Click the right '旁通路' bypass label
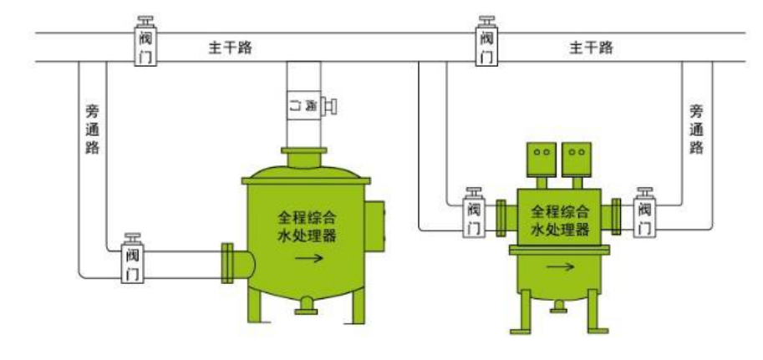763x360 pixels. (x=696, y=129)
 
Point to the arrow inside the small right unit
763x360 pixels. (x=561, y=267)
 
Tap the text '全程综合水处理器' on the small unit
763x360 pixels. (x=561, y=220)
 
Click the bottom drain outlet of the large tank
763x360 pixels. (x=307, y=307)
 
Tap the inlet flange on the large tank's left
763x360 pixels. (x=226, y=261)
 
